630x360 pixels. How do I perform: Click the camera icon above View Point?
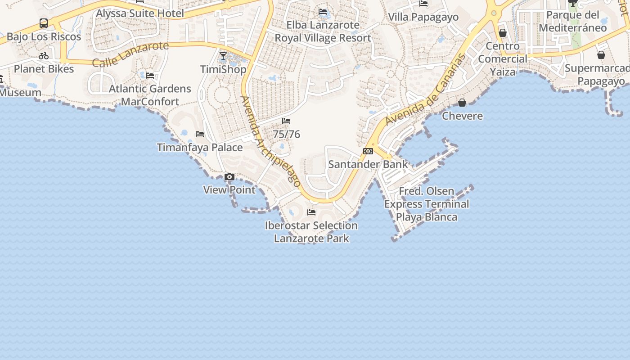[229, 177]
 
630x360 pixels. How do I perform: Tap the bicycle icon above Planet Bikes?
[44, 56]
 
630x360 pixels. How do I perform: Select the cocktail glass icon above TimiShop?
[223, 56]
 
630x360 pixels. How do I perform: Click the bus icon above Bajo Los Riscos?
[44, 23]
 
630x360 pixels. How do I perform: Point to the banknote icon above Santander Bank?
[368, 151]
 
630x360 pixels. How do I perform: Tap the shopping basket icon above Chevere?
[462, 103]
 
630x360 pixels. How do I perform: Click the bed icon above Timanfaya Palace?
[200, 134]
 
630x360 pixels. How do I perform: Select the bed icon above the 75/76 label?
[286, 121]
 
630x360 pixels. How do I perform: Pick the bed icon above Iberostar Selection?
[311, 212]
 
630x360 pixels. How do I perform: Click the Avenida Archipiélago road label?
[270, 141]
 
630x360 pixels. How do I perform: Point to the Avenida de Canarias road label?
[425, 90]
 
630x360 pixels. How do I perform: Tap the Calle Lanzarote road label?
[130, 54]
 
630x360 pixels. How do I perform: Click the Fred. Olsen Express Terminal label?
[427, 204]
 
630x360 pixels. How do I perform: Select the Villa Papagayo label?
[423, 17]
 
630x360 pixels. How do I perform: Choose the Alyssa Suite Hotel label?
[140, 13]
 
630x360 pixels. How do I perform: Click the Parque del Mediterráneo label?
[573, 21]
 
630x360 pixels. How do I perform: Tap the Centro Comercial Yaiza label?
[503, 59]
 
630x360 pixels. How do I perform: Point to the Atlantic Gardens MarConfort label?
[150, 95]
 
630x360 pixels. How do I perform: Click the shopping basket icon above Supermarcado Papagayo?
[601, 55]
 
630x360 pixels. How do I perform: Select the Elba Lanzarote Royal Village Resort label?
[323, 31]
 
